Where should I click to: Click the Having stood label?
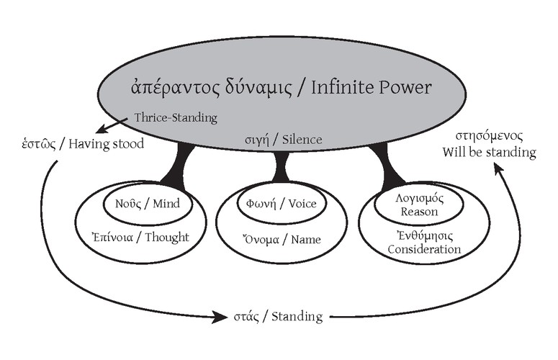[x=108, y=144]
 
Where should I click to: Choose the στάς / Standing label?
[x=276, y=316]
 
